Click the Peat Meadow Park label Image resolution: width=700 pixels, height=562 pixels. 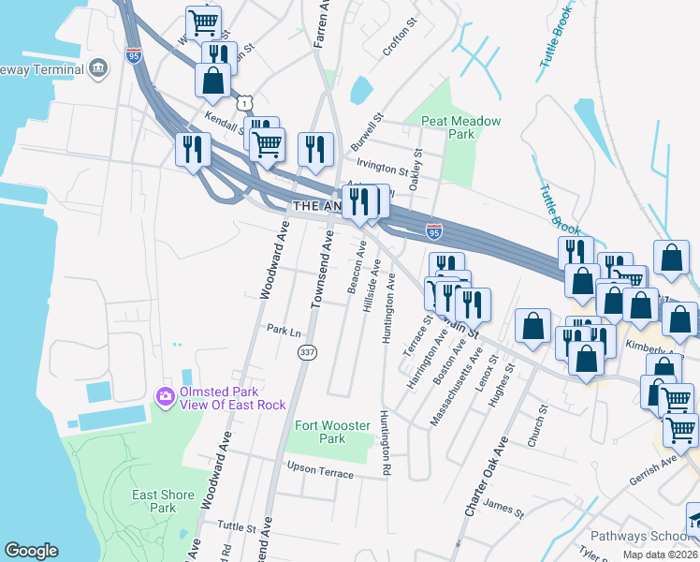[460, 127]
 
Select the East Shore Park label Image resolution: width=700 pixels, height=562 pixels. [163, 501]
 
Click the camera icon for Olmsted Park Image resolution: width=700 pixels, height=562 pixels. [166, 397]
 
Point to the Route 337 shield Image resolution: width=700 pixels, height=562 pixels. [306, 352]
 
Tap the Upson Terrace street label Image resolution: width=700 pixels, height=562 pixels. [320, 470]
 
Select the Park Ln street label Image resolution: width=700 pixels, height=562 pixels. [284, 331]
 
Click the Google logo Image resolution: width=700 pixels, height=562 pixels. [31, 551]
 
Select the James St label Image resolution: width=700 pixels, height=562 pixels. [503, 508]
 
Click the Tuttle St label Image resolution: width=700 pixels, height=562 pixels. [236, 526]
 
